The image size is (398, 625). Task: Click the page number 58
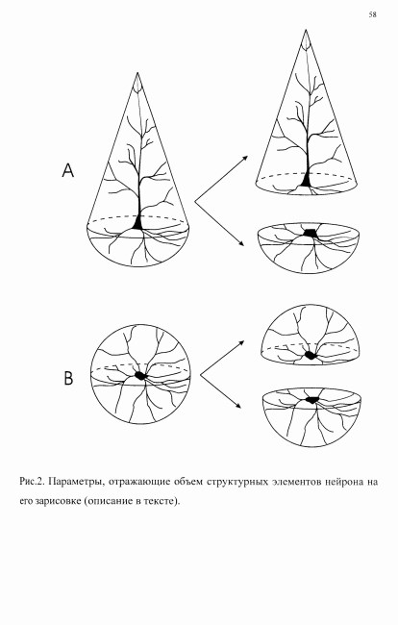coord(372,14)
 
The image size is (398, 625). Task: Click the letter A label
coord(68,170)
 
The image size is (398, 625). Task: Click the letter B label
coord(68,378)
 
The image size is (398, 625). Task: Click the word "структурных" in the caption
coord(236,483)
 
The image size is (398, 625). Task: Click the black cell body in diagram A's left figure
coord(137,223)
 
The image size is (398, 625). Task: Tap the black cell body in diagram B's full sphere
coord(140,375)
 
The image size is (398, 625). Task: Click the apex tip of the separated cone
coord(306,31)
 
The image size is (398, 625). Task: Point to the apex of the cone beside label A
coord(137,73)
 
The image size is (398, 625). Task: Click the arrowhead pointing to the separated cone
coord(245,158)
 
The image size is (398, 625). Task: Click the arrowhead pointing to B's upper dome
coord(241,343)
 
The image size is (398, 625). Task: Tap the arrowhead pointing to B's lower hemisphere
coord(238,406)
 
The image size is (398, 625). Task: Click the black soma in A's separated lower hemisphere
coord(310,234)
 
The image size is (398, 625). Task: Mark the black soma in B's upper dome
coord(310,355)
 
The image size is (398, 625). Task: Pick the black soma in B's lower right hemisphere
coord(313,399)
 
